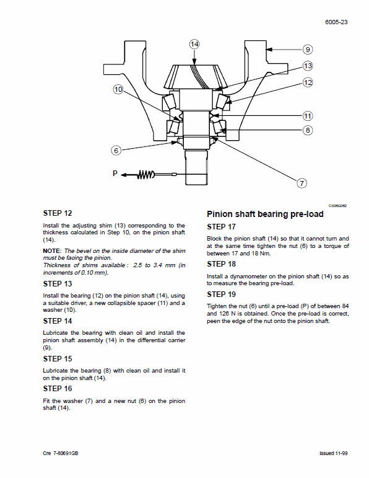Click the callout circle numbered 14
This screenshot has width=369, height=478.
coord(194,44)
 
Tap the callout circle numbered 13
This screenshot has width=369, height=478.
coord(308,66)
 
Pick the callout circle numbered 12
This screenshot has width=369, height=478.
coord(308,82)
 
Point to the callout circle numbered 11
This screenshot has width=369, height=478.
coord(308,115)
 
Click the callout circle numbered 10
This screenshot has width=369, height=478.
coord(118,90)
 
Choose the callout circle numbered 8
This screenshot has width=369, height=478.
coord(308,130)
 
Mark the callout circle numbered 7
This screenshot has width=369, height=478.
coord(302,183)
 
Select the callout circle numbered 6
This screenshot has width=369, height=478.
coord(116,150)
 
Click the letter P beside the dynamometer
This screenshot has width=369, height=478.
coord(115,174)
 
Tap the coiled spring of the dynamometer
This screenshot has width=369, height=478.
coord(144,175)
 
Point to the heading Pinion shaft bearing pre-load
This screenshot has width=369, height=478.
coord(264,214)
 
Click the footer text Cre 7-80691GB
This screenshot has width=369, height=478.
coord(61,454)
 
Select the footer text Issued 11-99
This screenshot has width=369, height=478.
coord(333,454)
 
